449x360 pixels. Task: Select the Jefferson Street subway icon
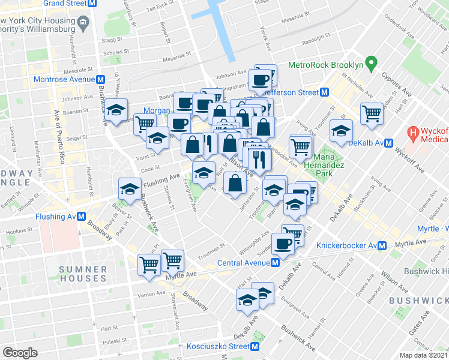tap(324, 92)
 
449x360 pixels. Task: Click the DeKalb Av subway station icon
tap(388, 143)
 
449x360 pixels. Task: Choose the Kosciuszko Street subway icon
tap(256, 346)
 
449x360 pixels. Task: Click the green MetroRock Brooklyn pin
tap(372, 62)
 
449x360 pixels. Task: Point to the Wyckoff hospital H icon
tap(413, 131)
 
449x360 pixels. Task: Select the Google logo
tap(19, 353)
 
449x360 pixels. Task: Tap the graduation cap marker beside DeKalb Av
tap(341, 132)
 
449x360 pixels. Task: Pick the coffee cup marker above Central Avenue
tap(283, 243)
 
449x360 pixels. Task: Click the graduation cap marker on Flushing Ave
tap(130, 188)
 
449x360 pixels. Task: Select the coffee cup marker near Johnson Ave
tap(261, 79)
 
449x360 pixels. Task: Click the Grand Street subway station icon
tap(91, 3)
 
